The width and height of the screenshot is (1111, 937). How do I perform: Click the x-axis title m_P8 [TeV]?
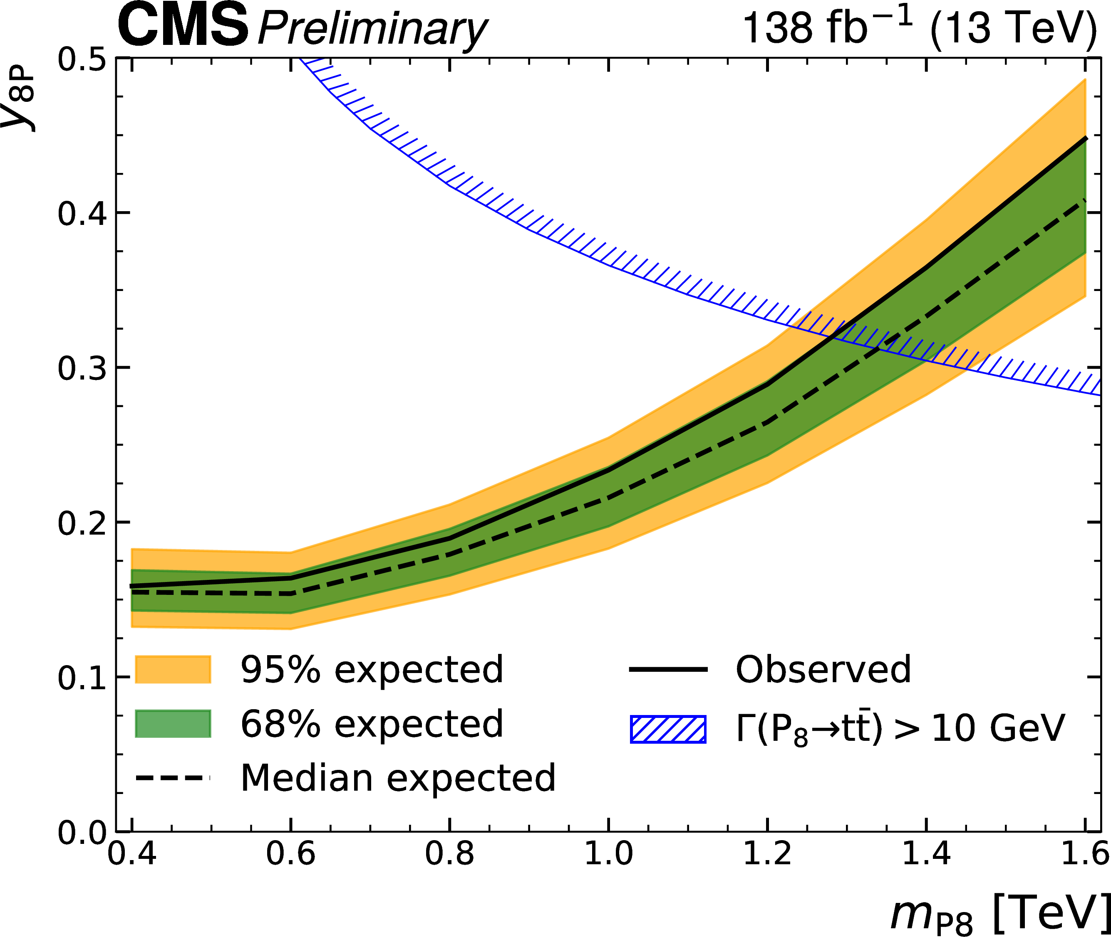pyautogui.click(x=999, y=914)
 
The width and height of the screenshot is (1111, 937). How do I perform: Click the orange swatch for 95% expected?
pyautogui.click(x=173, y=669)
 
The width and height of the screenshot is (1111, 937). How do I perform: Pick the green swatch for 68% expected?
pyautogui.click(x=173, y=723)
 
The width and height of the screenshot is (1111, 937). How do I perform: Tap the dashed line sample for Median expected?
pyautogui.click(x=173, y=778)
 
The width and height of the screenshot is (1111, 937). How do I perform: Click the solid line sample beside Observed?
pyautogui.click(x=668, y=669)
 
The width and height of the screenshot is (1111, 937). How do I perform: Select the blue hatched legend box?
pyautogui.click(x=668, y=729)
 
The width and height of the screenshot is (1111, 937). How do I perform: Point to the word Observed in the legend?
pyautogui.click(x=823, y=669)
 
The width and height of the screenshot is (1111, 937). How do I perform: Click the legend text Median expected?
pyautogui.click(x=398, y=778)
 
